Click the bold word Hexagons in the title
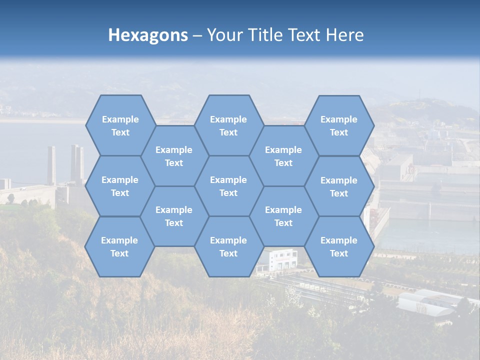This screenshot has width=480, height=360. [148, 35]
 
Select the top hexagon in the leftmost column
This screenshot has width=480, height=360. [120, 125]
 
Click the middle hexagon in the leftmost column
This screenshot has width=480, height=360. [120, 186]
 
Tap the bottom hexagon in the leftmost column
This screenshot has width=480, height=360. [119, 246]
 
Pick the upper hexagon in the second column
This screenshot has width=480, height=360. [174, 156]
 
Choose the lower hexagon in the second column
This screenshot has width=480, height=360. [174, 216]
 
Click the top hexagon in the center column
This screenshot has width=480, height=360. [228, 125]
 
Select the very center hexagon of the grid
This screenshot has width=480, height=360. [228, 186]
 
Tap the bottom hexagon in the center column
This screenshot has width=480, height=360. [228, 246]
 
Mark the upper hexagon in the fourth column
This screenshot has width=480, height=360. [283, 156]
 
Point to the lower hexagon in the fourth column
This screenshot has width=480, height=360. [283, 216]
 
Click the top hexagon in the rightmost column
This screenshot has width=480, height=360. [339, 125]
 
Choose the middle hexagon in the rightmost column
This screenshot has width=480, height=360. [339, 186]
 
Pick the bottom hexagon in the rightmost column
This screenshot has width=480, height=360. [339, 246]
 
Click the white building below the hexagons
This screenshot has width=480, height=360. [283, 260]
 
